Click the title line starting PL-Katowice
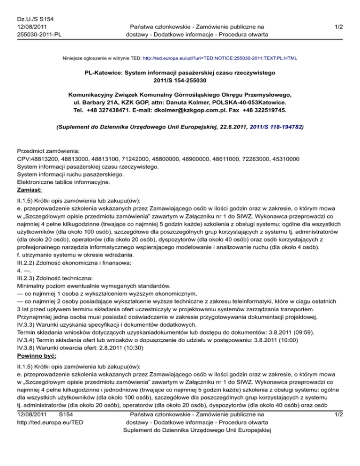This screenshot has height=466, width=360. click(x=180, y=73)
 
